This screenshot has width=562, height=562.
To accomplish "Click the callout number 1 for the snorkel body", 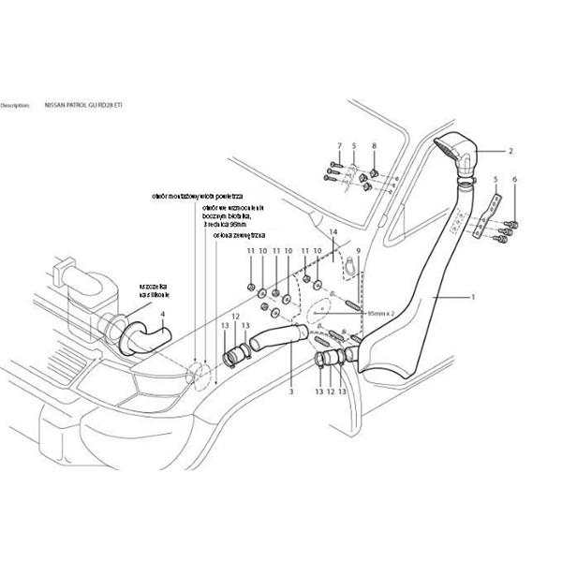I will point(474,296).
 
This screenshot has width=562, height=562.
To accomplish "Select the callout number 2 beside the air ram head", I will point(510,150).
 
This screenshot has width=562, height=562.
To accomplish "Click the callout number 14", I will point(332,230).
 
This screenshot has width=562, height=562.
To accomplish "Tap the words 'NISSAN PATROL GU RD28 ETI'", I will point(83,106).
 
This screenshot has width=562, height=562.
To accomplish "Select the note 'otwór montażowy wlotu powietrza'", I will point(197,198).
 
